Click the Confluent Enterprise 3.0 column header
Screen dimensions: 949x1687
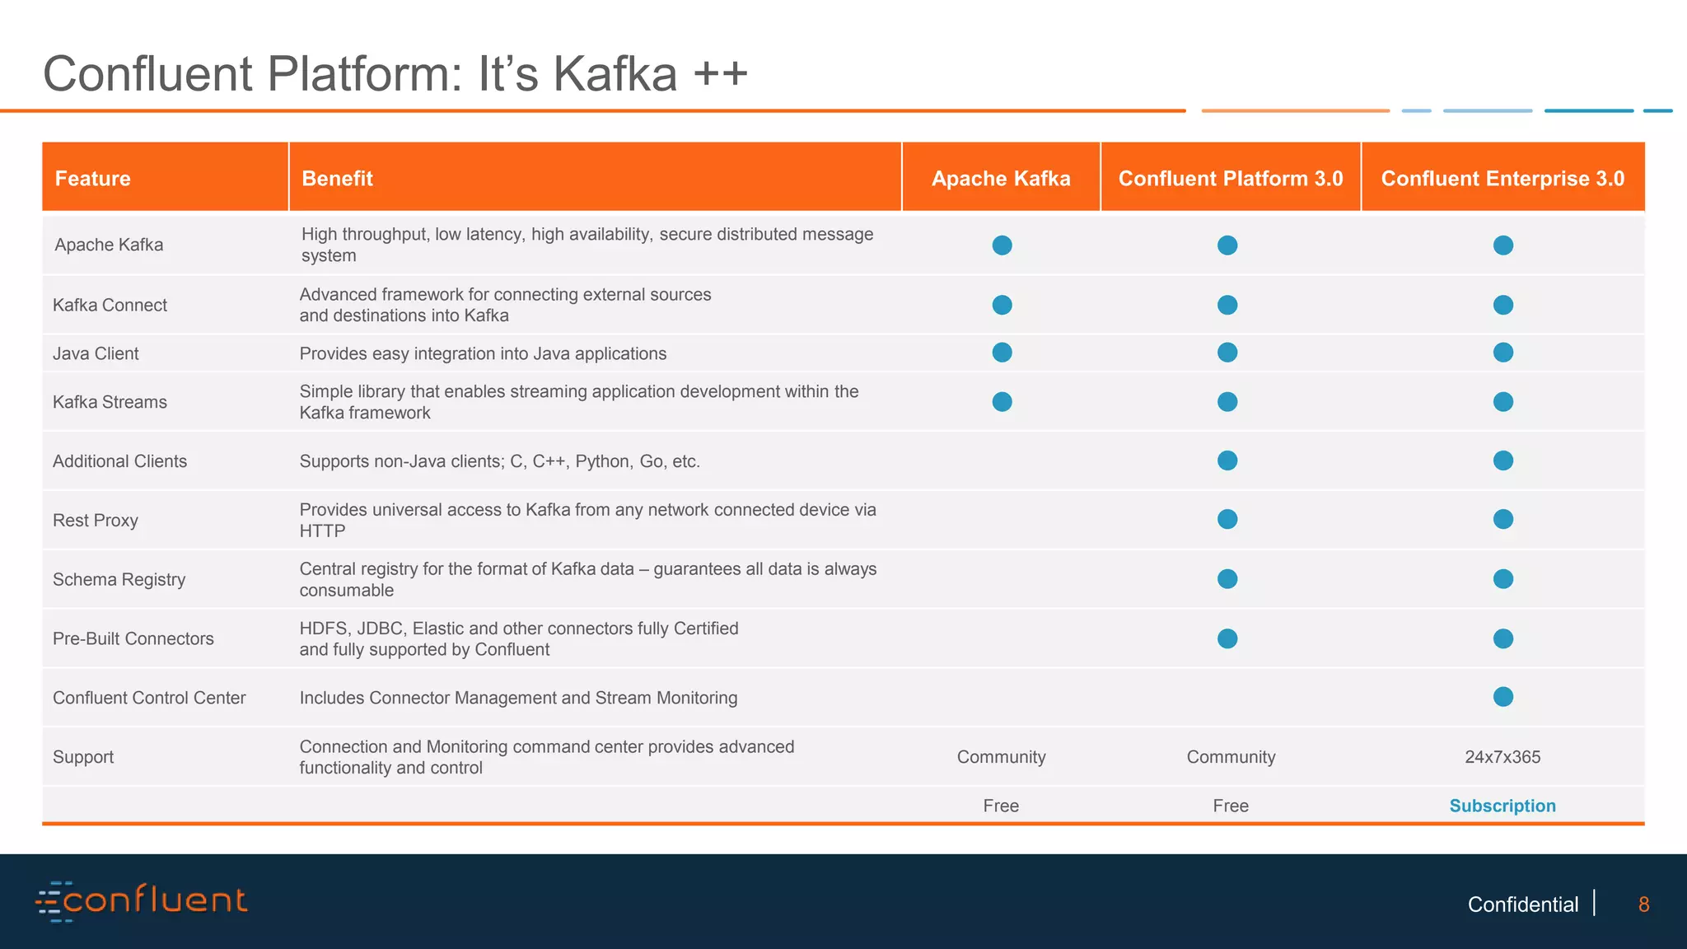coord(1502,179)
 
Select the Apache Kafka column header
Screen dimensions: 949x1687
coord(1001,179)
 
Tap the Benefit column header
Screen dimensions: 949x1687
coord(338,179)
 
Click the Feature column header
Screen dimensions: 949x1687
coord(93,179)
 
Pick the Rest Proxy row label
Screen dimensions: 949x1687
coord(96,521)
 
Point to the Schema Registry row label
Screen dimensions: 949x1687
coord(119,580)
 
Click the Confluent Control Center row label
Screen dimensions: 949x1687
coord(149,698)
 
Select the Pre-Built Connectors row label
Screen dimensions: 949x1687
coord(133,638)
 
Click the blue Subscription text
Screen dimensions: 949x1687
coord(1502,806)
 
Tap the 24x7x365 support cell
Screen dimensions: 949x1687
coord(1502,757)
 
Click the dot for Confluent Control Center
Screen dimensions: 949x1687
coord(1503,697)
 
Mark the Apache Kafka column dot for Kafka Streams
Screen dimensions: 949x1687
coord(1002,401)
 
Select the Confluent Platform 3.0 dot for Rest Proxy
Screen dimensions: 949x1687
coord(1227,519)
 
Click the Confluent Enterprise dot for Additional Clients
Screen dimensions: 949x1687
coord(1503,460)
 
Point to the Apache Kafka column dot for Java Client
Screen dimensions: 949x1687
coord(1002,353)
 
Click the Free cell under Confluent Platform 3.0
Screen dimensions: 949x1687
coord(1231,806)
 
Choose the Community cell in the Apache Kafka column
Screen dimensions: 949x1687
coord(1001,757)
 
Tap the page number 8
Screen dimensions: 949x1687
coord(1643,905)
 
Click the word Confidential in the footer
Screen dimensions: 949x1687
coord(1523,905)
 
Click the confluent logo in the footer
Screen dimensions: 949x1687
coord(142,900)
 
